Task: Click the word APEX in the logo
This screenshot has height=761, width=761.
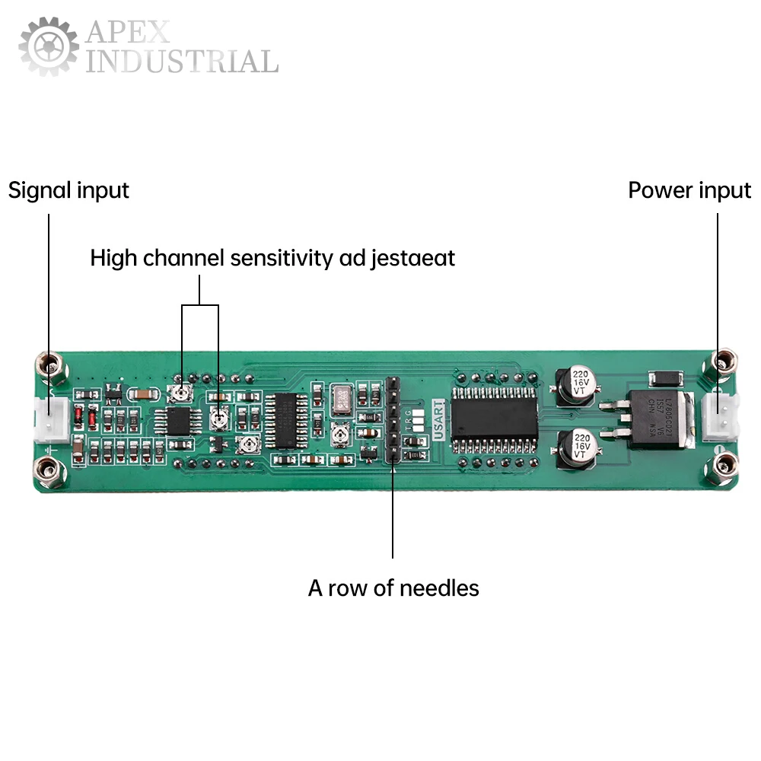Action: (x=128, y=33)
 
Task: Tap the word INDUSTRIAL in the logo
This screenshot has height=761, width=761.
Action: (x=181, y=62)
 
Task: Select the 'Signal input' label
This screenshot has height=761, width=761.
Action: (x=68, y=190)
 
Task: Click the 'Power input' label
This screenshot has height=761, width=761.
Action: (x=689, y=190)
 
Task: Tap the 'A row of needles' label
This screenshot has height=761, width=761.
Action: (x=393, y=588)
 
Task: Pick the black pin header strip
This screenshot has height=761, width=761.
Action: (x=392, y=419)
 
